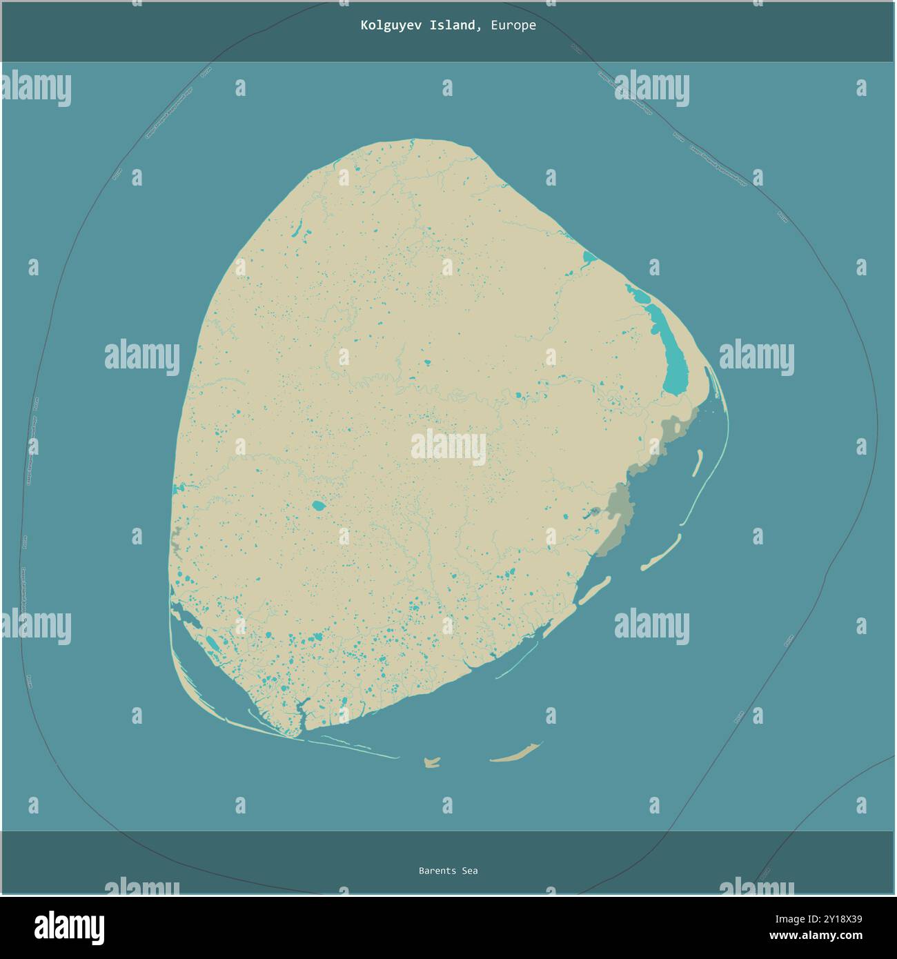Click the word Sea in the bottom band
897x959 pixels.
point(469,871)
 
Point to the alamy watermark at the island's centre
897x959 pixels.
point(448,447)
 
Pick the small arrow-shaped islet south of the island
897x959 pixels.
point(432,762)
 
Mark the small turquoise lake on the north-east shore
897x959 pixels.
point(589,258)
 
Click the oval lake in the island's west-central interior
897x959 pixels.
point(318,506)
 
